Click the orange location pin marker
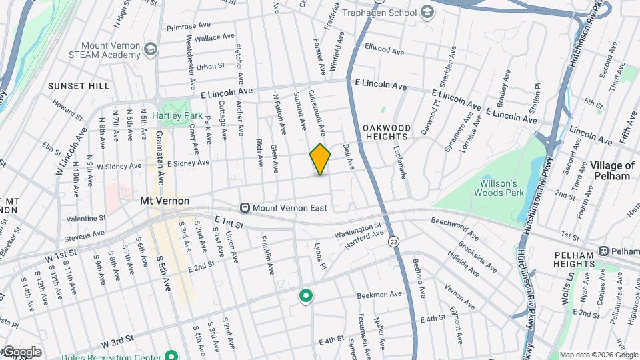point(320,159)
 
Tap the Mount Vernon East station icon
point(245,208)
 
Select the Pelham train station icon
point(604,251)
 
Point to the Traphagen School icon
point(427,13)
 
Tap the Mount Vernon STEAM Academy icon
point(151,49)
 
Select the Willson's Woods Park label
point(496,188)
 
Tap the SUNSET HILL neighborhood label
point(79,86)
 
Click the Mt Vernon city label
point(165,201)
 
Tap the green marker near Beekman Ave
point(306,295)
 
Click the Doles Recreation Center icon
point(171,356)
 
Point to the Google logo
point(21,352)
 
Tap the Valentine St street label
point(86,218)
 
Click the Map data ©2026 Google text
point(597,355)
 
